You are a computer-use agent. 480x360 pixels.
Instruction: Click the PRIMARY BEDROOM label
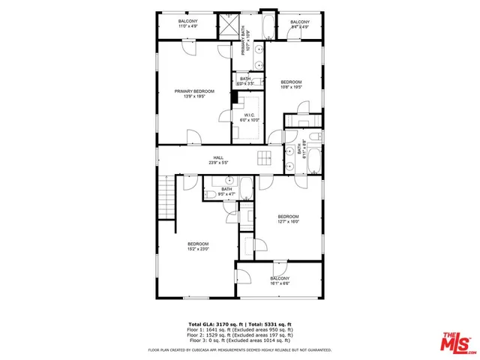click(x=194, y=91)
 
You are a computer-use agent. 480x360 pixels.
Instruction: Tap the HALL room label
click(x=218, y=157)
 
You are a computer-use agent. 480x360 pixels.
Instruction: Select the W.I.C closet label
click(x=249, y=115)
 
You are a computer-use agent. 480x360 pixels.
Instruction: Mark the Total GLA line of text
click(x=239, y=323)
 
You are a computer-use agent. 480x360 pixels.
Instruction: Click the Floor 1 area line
click(x=239, y=329)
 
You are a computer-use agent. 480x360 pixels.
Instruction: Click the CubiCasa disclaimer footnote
click(x=239, y=349)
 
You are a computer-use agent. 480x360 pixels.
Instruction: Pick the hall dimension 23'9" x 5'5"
click(x=218, y=162)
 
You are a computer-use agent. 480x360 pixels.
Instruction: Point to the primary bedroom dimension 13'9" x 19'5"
click(x=194, y=97)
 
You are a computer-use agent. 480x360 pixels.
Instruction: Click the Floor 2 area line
click(x=239, y=334)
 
